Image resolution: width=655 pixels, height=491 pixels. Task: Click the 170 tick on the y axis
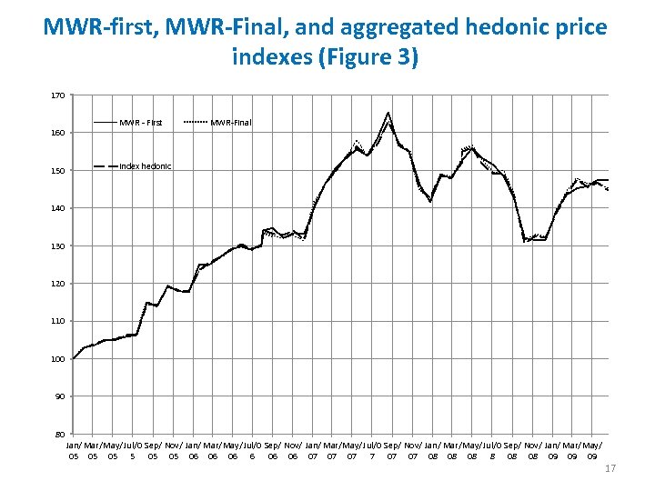pyautogui.click(x=57, y=95)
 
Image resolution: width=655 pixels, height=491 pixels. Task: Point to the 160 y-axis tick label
pyautogui.click(x=57, y=133)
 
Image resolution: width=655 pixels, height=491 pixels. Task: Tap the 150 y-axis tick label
pyautogui.click(x=57, y=170)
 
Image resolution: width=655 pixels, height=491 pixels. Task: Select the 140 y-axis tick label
pyautogui.click(x=57, y=208)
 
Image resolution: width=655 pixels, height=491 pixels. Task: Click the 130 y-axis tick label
pyautogui.click(x=57, y=245)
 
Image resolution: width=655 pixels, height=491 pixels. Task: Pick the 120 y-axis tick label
pyautogui.click(x=57, y=284)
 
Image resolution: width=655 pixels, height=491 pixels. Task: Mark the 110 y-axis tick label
pyautogui.click(x=57, y=321)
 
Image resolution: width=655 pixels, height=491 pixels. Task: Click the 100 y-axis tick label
pyautogui.click(x=57, y=359)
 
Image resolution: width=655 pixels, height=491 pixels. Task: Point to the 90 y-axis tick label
pyautogui.click(x=59, y=396)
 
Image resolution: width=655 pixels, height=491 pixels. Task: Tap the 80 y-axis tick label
pyautogui.click(x=59, y=435)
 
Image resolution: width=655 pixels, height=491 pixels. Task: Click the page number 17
pyautogui.click(x=610, y=468)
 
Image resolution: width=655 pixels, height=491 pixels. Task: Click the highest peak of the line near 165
pyautogui.click(x=388, y=113)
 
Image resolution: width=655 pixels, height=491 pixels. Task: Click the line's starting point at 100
pyautogui.click(x=74, y=358)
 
